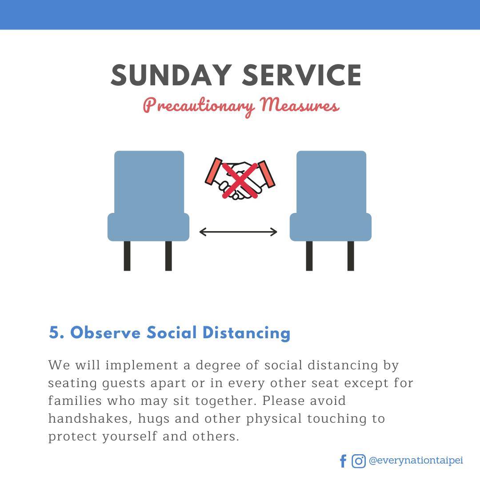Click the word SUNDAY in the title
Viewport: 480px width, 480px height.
click(x=171, y=75)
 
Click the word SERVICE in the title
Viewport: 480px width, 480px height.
click(x=302, y=75)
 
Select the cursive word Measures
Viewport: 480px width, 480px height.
click(x=300, y=104)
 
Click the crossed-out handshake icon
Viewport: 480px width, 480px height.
click(x=240, y=179)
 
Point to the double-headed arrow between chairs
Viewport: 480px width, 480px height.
click(x=238, y=232)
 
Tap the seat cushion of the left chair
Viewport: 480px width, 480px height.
click(x=148, y=227)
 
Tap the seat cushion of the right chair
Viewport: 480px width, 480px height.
click(x=331, y=227)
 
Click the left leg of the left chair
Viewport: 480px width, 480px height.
click(x=127, y=256)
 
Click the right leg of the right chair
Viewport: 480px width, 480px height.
click(x=351, y=256)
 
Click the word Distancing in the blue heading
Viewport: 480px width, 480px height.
click(x=246, y=333)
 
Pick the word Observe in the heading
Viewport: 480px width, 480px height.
click(x=105, y=333)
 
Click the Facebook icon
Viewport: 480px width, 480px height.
click(x=343, y=461)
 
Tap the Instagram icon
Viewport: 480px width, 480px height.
click(x=359, y=461)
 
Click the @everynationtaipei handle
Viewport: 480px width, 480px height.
click(x=416, y=460)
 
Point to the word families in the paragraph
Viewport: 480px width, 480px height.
click(x=75, y=401)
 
